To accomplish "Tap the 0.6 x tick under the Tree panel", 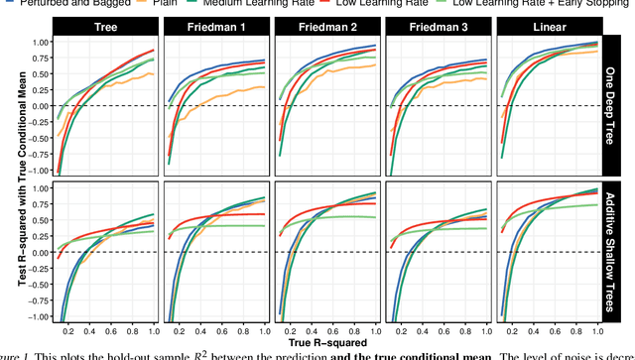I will (108, 331).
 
